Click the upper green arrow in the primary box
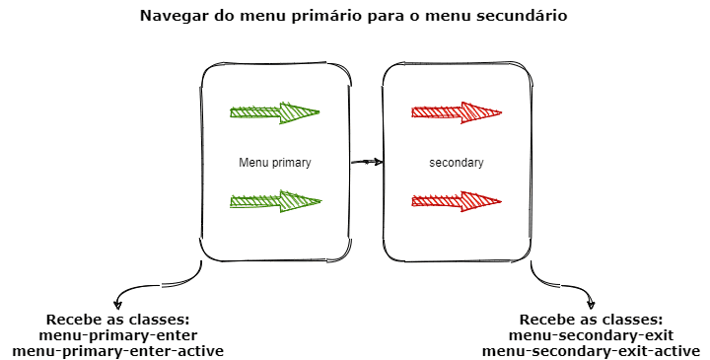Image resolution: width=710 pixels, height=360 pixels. click(274, 112)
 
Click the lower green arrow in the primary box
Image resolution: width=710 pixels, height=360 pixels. click(274, 202)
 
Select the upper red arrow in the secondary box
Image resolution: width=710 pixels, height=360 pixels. click(457, 111)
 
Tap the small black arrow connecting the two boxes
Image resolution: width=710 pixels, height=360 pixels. click(366, 162)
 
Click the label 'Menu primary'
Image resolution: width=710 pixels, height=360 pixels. click(274, 163)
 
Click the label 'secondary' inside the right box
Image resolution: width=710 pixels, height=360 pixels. click(457, 163)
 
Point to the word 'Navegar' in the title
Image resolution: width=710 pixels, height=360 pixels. click(174, 17)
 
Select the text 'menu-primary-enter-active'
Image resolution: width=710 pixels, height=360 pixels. click(117, 351)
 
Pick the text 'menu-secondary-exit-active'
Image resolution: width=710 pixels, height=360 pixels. click(591, 351)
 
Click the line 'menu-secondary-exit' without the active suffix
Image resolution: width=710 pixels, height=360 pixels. click(591, 335)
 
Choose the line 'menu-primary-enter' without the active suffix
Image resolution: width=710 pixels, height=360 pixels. click(117, 335)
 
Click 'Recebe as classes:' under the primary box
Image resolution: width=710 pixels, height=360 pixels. click(117, 320)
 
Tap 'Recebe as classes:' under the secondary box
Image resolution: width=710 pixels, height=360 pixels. click(591, 320)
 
